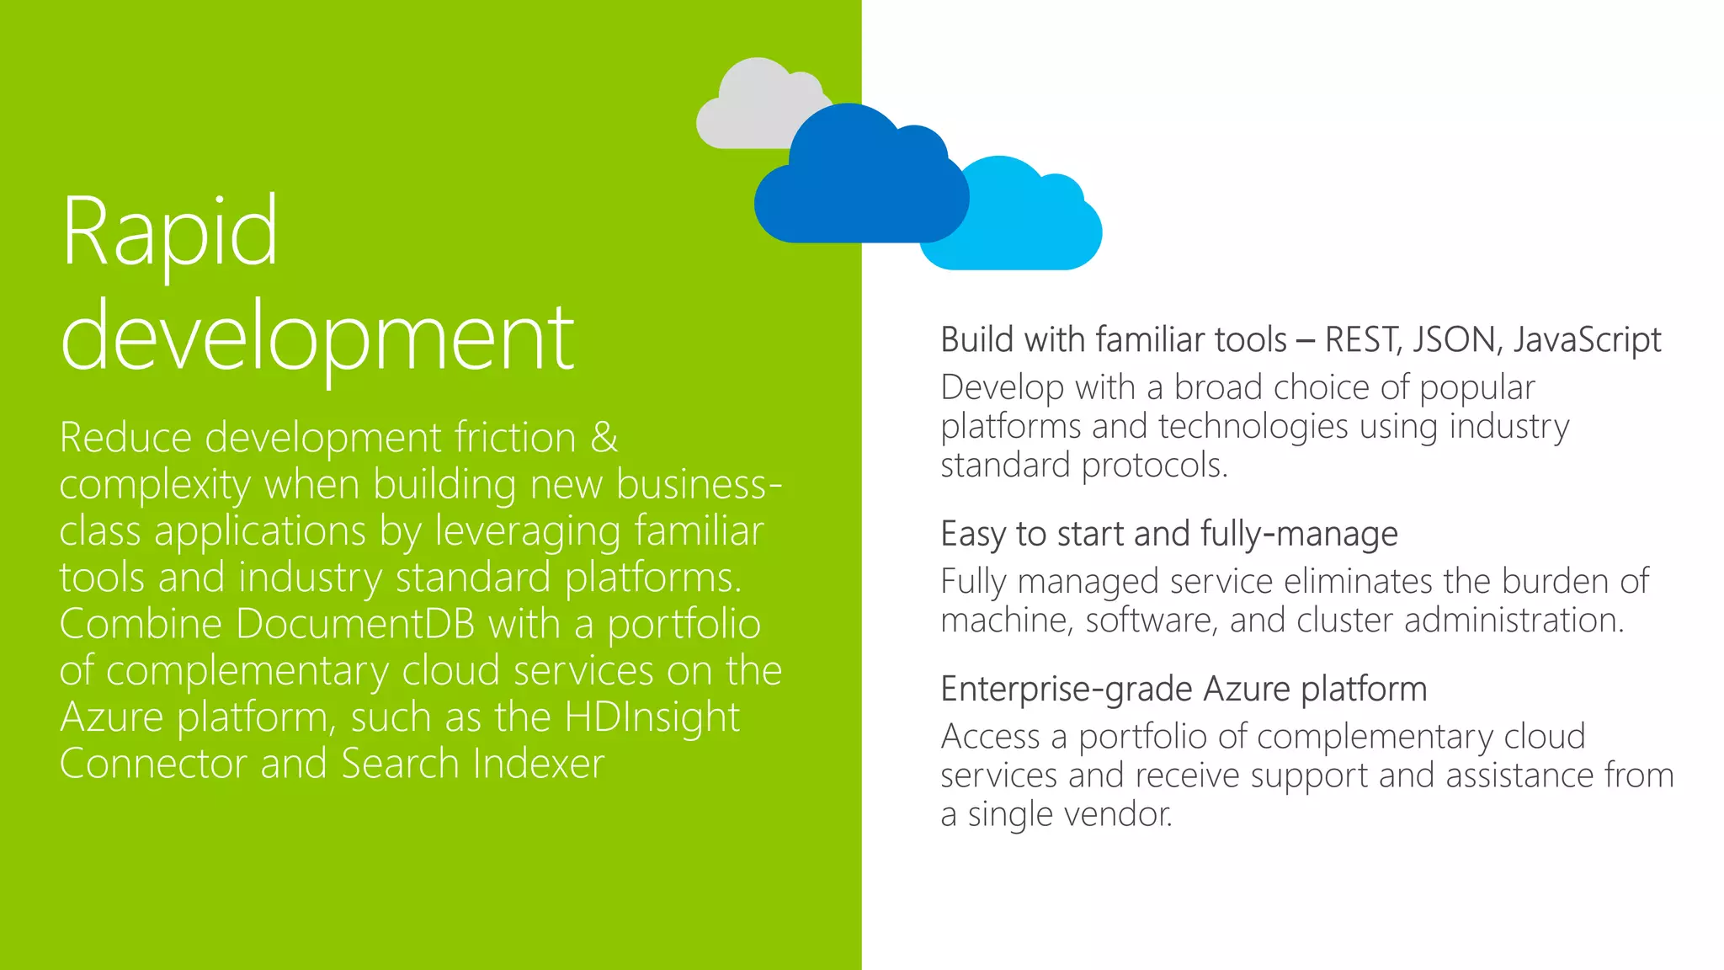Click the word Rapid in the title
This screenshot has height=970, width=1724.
pyautogui.click(x=169, y=232)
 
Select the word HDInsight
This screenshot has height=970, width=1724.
pyautogui.click(x=652, y=717)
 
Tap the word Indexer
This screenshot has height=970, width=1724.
pyautogui.click(x=539, y=764)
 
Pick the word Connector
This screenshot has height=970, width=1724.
pyautogui.click(x=152, y=764)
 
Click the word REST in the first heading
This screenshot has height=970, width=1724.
pyautogui.click(x=1363, y=340)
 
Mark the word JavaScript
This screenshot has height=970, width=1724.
pyautogui.click(x=1587, y=340)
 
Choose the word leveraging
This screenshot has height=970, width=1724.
pyautogui.click(x=528, y=532)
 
